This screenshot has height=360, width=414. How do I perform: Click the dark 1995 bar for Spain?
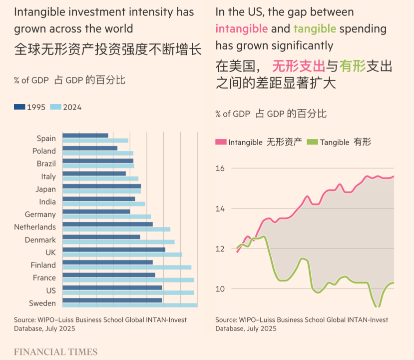click(x=85, y=135)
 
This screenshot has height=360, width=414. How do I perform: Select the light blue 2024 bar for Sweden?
click(x=130, y=305)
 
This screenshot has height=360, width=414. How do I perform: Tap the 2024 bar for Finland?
click(x=127, y=267)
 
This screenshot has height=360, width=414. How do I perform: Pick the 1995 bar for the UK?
click(x=114, y=249)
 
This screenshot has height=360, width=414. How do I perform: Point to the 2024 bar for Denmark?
click(x=118, y=242)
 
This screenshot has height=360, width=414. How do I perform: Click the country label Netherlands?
click(x=35, y=227)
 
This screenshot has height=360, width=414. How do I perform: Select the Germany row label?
click(x=40, y=214)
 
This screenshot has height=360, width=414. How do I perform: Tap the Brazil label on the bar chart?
click(x=46, y=163)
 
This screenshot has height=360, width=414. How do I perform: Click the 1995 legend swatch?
click(x=19, y=107)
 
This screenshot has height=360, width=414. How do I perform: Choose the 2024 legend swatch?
click(x=55, y=107)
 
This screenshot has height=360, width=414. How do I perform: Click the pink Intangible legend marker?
click(x=221, y=142)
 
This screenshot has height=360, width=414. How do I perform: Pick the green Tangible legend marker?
click(x=313, y=142)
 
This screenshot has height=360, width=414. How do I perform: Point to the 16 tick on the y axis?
click(x=221, y=168)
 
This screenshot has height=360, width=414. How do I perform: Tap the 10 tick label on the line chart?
click(x=221, y=289)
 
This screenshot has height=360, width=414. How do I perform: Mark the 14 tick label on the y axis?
click(x=221, y=208)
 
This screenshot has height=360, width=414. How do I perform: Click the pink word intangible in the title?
click(x=242, y=28)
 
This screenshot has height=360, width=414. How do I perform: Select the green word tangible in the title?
click(x=315, y=28)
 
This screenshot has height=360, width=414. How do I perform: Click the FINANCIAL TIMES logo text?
click(x=55, y=352)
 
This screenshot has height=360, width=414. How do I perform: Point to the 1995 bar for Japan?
click(x=101, y=186)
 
